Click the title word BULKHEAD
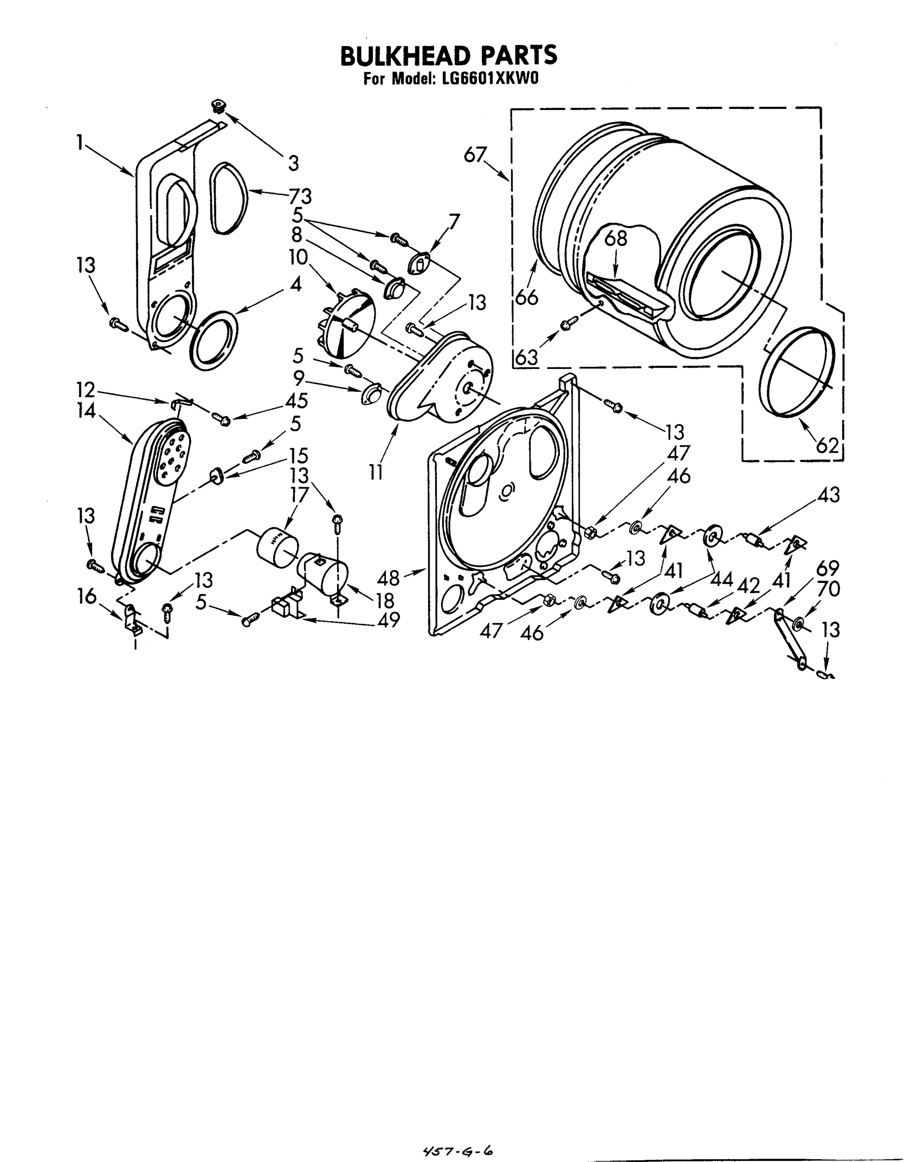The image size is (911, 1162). point(405,56)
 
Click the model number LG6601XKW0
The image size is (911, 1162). point(490,79)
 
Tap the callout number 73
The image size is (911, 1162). point(300,196)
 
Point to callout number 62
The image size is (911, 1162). point(827,445)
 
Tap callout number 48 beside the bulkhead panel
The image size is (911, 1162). point(388,578)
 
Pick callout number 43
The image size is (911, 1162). point(828,495)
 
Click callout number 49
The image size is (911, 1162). point(388,620)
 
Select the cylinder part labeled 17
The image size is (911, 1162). point(277,545)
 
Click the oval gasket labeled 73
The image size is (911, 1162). point(228,199)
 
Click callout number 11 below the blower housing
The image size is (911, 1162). point(376,472)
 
